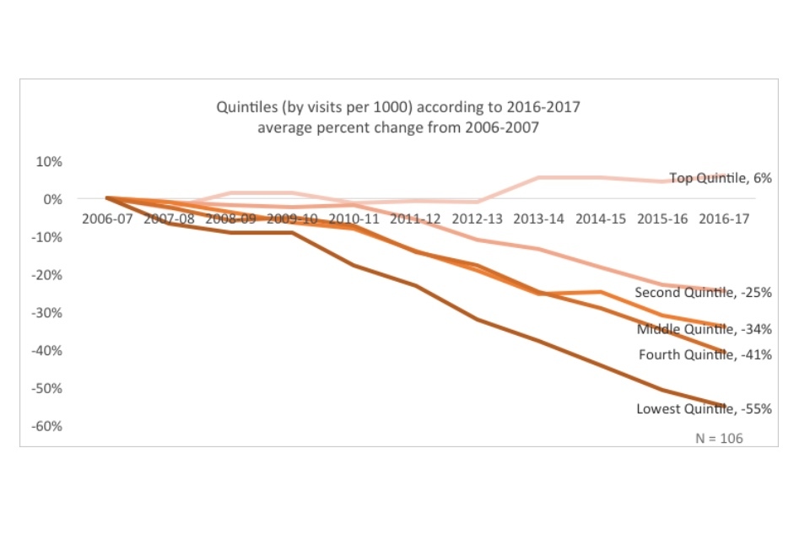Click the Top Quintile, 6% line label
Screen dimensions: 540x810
pyautogui.click(x=721, y=178)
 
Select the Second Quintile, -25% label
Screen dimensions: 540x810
pyautogui.click(x=703, y=293)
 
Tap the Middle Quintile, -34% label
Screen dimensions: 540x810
pyautogui.click(x=704, y=329)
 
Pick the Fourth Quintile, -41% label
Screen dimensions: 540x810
pyautogui.click(x=705, y=354)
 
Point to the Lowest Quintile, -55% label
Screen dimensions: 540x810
pyautogui.click(x=704, y=409)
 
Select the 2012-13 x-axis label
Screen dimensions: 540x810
pyautogui.click(x=478, y=218)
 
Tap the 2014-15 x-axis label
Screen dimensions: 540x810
pyautogui.click(x=602, y=218)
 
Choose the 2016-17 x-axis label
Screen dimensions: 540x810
pyautogui.click(x=725, y=218)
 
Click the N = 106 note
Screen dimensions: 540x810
pyautogui.click(x=719, y=438)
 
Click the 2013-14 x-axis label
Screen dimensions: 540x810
pyautogui.click(x=540, y=218)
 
